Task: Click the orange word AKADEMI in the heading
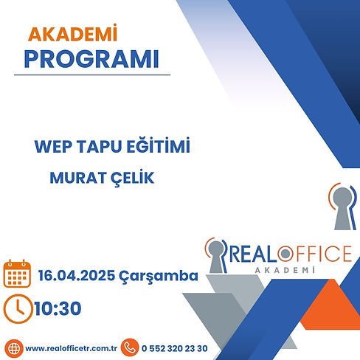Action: click(72, 33)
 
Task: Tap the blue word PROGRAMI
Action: click(91, 59)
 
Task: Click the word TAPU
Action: click(100, 147)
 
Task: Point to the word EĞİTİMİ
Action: click(159, 145)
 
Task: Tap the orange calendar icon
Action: click(17, 274)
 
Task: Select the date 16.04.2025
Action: click(77, 275)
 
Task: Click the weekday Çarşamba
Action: click(159, 277)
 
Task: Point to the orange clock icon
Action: click(18, 308)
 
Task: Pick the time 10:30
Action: click(58, 308)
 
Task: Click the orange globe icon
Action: click(14, 348)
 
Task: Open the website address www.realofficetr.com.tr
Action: click(72, 348)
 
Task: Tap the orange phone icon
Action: click(130, 347)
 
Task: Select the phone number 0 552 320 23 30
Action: click(175, 348)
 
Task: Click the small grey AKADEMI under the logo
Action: click(285, 270)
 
